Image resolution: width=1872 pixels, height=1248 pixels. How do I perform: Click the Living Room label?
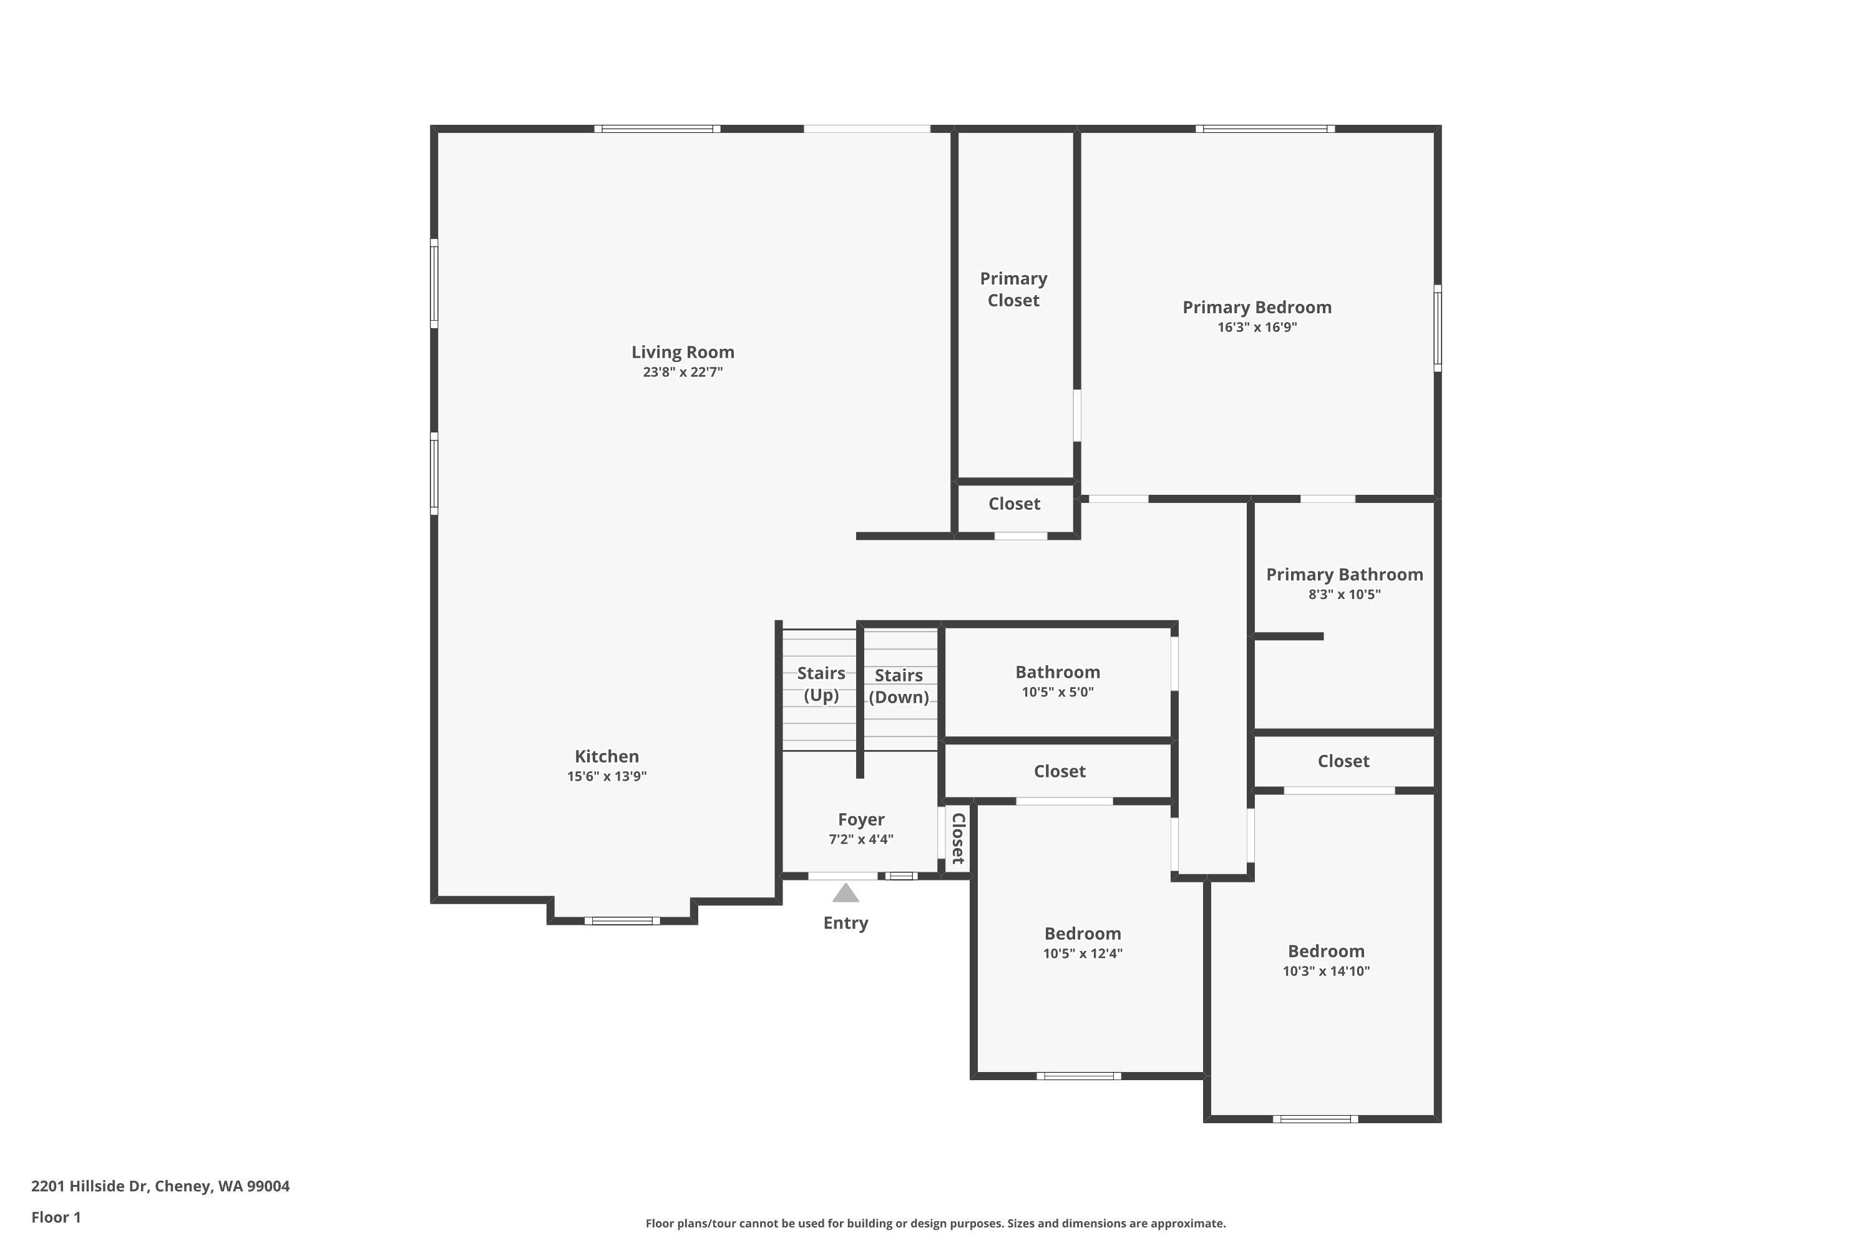(x=682, y=352)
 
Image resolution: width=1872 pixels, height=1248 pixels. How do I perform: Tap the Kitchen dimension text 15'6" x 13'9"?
(x=607, y=776)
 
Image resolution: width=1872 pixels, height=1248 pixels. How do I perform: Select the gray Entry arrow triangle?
(x=846, y=894)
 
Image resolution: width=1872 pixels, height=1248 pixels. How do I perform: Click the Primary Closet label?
(x=1013, y=289)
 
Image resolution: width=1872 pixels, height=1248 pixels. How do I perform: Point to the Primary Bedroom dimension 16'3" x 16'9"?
(x=1257, y=327)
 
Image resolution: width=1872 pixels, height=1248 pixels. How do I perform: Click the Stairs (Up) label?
(x=821, y=684)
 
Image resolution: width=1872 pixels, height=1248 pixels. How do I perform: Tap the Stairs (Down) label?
(x=899, y=686)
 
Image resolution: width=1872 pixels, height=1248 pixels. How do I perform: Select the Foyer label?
(x=861, y=819)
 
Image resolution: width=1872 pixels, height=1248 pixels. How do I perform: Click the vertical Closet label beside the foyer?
(x=958, y=838)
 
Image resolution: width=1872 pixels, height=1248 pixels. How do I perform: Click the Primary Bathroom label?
(x=1344, y=575)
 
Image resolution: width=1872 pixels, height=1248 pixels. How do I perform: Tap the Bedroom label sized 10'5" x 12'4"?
(x=1083, y=934)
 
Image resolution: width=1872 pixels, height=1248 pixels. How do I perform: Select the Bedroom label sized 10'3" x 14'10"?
(x=1326, y=951)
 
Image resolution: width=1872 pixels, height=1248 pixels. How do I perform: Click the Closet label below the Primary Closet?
(x=1014, y=504)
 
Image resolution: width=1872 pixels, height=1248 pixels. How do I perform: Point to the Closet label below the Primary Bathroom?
(x=1343, y=761)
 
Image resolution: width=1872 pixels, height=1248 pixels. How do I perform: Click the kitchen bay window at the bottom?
(x=622, y=921)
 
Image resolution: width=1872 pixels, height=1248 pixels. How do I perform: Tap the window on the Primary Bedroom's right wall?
(x=1438, y=328)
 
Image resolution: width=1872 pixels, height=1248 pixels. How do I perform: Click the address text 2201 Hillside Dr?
(x=160, y=1186)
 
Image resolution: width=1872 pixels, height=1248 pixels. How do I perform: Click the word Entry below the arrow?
(x=846, y=924)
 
